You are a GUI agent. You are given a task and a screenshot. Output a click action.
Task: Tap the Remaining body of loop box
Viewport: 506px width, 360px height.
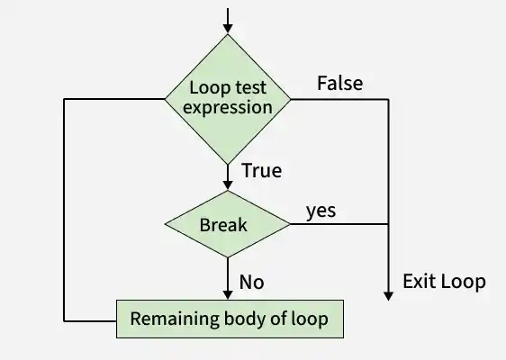(x=229, y=318)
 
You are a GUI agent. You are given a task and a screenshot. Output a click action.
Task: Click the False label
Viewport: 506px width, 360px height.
(x=339, y=83)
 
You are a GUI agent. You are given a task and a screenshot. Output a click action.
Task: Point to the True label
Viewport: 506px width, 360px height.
(x=262, y=170)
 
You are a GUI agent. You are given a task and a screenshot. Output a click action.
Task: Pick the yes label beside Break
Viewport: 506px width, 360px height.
(x=321, y=211)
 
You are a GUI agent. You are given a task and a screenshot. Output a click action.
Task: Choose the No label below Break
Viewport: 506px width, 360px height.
(x=251, y=282)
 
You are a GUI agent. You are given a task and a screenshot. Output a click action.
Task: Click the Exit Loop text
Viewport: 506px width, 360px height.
(x=444, y=281)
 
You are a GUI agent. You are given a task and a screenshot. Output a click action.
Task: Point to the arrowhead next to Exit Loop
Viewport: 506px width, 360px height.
(x=388, y=293)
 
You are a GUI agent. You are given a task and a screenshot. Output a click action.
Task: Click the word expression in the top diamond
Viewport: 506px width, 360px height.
(x=228, y=107)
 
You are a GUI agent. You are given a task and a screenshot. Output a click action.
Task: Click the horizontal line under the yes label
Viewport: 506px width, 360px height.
(x=338, y=223)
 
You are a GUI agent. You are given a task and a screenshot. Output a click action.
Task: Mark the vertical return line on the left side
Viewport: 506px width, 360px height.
(x=64, y=207)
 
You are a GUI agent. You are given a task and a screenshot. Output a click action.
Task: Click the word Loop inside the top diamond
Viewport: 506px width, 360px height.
(x=207, y=88)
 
